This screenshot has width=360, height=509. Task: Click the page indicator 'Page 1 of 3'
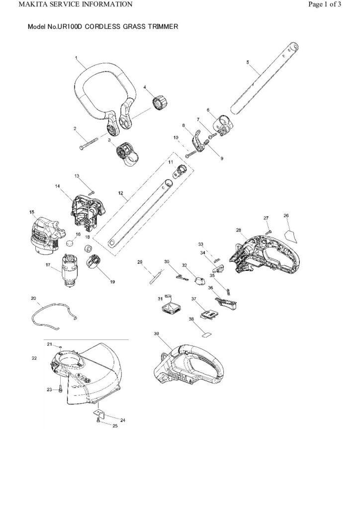pos(325,4)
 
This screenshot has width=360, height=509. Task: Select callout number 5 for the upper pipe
pos(248,62)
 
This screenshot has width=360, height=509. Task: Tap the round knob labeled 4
pos(160,101)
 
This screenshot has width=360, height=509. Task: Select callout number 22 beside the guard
pos(34,358)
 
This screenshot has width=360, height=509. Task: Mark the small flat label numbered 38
pos(207,335)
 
